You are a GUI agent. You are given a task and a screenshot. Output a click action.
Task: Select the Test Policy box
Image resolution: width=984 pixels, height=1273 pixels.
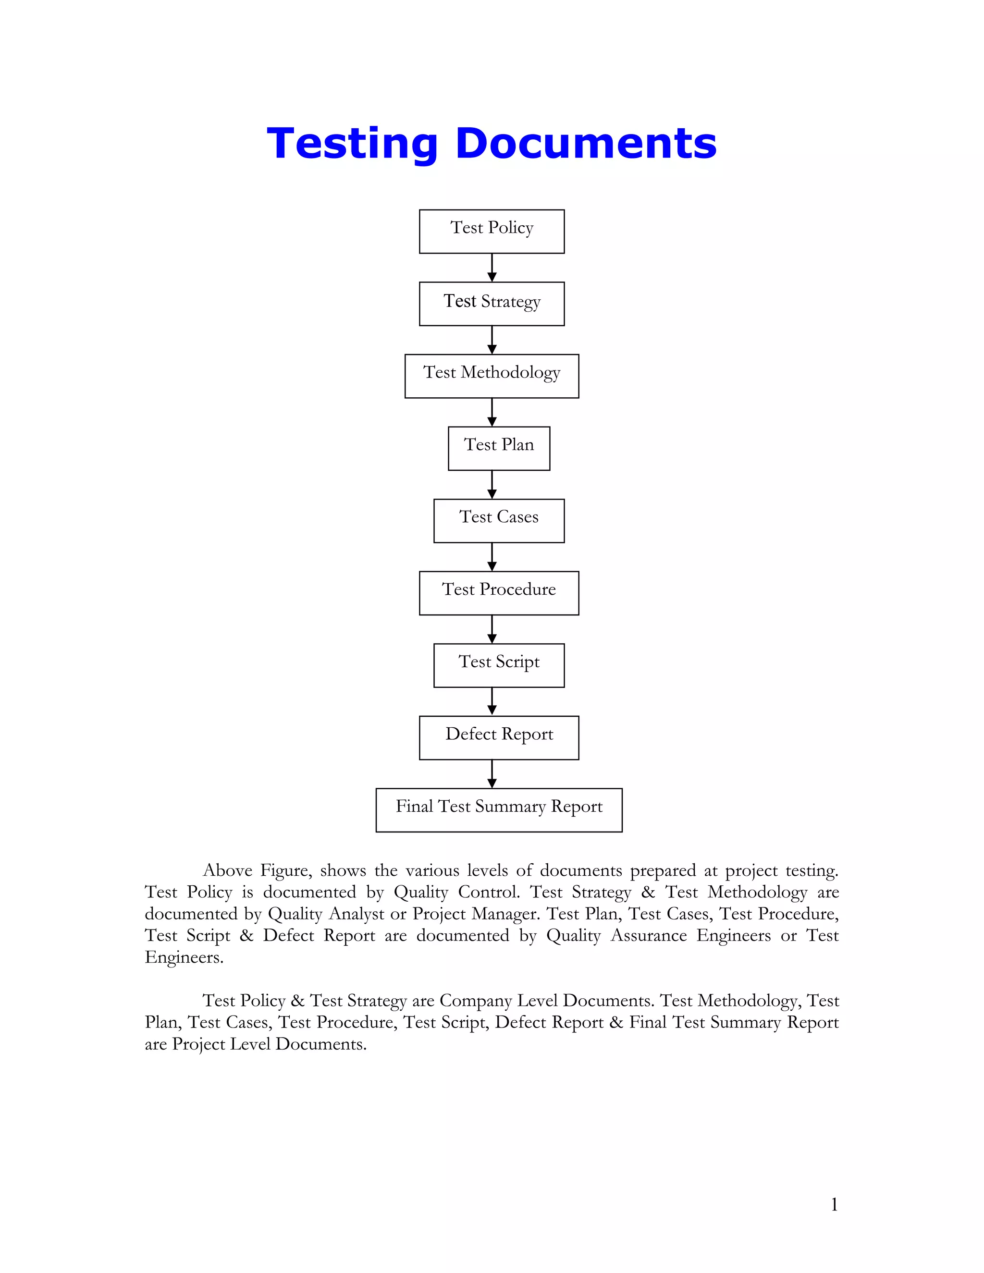pos(492,232)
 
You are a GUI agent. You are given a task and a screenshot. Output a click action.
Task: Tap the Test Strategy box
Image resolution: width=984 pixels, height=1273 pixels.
pos(492,304)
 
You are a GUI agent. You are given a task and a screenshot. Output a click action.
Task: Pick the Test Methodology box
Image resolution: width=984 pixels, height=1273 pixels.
pos(492,376)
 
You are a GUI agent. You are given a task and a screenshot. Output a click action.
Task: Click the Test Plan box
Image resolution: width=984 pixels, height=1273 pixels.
pos(498,448)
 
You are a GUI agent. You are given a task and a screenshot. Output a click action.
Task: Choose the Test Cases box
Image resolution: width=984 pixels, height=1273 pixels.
pos(498,521)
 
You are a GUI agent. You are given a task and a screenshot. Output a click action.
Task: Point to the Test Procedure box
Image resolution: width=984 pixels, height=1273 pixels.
pos(498,593)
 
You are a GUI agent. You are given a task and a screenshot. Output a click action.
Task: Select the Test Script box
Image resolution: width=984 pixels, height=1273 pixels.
pos(498,665)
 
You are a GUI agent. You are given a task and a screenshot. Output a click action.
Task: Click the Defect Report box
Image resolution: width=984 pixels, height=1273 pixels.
pos(498,737)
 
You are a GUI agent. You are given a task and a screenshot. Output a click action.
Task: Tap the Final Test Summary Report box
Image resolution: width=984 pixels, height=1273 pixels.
pos(498,809)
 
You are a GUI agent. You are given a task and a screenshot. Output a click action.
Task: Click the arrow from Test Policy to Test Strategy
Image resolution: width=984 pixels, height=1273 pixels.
pos(492,268)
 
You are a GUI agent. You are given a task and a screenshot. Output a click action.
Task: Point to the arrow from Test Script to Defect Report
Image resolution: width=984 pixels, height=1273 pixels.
pos(492,701)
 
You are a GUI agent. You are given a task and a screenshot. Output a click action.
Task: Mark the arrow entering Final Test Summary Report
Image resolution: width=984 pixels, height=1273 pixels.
pos(492,773)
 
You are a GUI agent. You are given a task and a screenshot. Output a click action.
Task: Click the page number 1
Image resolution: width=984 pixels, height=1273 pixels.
pos(834,1204)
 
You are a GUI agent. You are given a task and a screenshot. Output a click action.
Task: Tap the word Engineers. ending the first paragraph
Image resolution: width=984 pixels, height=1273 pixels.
pos(184,958)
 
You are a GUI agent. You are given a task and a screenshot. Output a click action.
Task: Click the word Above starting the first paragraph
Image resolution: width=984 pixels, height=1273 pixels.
pos(227,871)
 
